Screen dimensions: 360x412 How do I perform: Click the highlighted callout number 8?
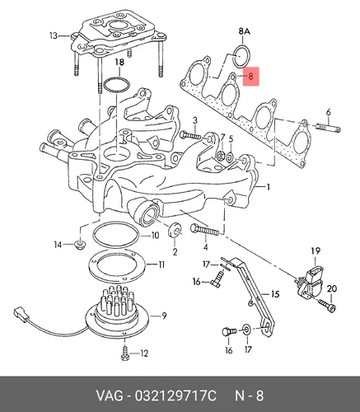[250, 76]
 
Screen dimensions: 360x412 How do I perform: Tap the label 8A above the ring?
[244, 31]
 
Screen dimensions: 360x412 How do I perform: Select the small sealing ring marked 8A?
[241, 56]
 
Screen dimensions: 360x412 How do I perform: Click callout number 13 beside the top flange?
[54, 35]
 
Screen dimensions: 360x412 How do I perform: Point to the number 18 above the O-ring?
[119, 62]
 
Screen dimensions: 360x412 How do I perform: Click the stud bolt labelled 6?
[329, 127]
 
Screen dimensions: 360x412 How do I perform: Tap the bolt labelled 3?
[191, 135]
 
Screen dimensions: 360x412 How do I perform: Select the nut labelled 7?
[220, 157]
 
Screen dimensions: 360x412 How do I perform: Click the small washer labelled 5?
[230, 157]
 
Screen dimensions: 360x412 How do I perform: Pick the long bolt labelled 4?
[204, 231]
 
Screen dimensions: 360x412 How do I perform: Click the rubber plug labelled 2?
[175, 230]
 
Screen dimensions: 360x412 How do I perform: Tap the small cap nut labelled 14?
[80, 245]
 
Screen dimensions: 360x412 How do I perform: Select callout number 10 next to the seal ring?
[155, 236]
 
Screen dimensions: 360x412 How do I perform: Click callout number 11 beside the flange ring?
[161, 265]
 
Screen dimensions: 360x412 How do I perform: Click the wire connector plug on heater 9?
[21, 314]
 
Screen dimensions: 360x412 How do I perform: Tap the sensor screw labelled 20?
[327, 306]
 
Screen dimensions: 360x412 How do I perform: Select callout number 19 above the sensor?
[316, 250]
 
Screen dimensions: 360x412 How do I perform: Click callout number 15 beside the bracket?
[275, 294]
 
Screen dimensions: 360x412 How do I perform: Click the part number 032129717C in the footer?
[175, 396]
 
